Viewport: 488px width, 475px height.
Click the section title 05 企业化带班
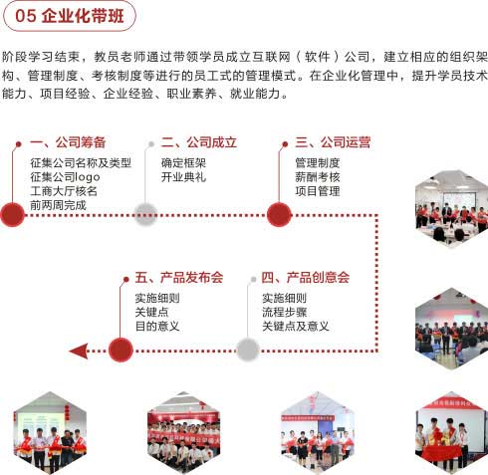[70, 16]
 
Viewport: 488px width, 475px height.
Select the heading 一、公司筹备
[68, 142]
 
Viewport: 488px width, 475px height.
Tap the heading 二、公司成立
[199, 142]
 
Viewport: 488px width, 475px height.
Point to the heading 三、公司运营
[333, 142]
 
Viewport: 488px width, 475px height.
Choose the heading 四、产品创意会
[306, 278]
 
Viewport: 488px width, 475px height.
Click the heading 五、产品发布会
[179, 278]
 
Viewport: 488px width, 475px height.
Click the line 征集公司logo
[65, 177]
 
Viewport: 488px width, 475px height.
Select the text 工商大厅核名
[64, 191]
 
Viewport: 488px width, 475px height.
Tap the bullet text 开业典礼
[183, 177]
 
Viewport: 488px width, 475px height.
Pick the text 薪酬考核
[318, 177]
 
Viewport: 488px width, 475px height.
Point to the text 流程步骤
[285, 312]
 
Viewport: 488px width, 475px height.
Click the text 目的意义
[157, 327]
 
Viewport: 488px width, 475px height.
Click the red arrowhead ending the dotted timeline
[79, 352]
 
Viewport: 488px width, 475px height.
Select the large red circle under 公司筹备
[13, 215]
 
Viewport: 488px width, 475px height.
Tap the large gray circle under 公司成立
[145, 215]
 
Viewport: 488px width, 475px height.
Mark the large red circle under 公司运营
[279, 215]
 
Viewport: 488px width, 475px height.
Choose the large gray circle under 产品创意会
[248, 350]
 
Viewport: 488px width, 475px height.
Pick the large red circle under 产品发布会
[121, 350]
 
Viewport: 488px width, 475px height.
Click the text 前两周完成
[58, 205]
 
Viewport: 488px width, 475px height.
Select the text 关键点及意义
[296, 327]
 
